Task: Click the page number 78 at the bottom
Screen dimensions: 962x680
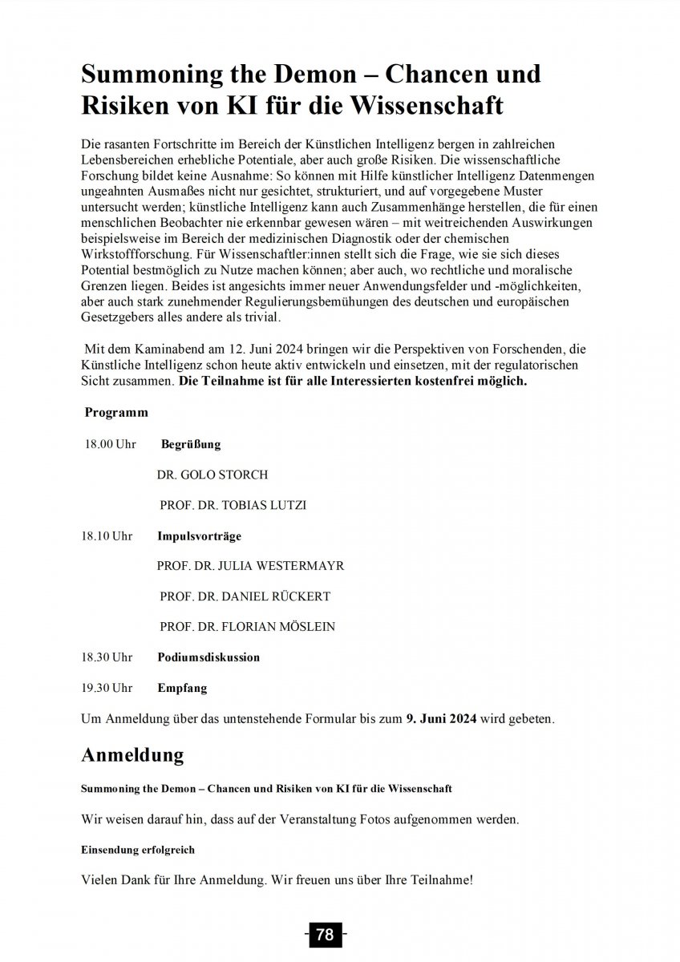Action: (326, 935)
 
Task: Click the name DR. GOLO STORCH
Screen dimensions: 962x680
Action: (212, 475)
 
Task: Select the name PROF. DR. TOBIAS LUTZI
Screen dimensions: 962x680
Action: (233, 505)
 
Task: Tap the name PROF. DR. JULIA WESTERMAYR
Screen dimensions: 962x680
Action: (250, 566)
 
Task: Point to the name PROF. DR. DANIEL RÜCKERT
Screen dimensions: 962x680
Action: (245, 596)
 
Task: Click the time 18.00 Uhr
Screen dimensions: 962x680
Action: (111, 444)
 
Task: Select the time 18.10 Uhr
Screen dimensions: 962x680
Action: (107, 536)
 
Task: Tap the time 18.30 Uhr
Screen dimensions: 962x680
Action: (107, 657)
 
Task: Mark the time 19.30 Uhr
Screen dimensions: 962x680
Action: (107, 688)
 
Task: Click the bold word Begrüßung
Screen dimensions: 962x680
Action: (191, 444)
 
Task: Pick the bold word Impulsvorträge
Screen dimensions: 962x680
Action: (199, 536)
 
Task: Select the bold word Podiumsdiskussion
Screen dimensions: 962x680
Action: (208, 657)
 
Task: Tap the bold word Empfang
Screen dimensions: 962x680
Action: (182, 688)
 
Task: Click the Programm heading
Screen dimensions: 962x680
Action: (116, 413)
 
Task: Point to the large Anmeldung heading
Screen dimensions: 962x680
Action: (132, 754)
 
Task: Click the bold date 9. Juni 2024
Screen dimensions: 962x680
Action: (442, 718)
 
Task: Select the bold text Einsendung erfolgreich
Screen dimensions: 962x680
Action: (138, 849)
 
